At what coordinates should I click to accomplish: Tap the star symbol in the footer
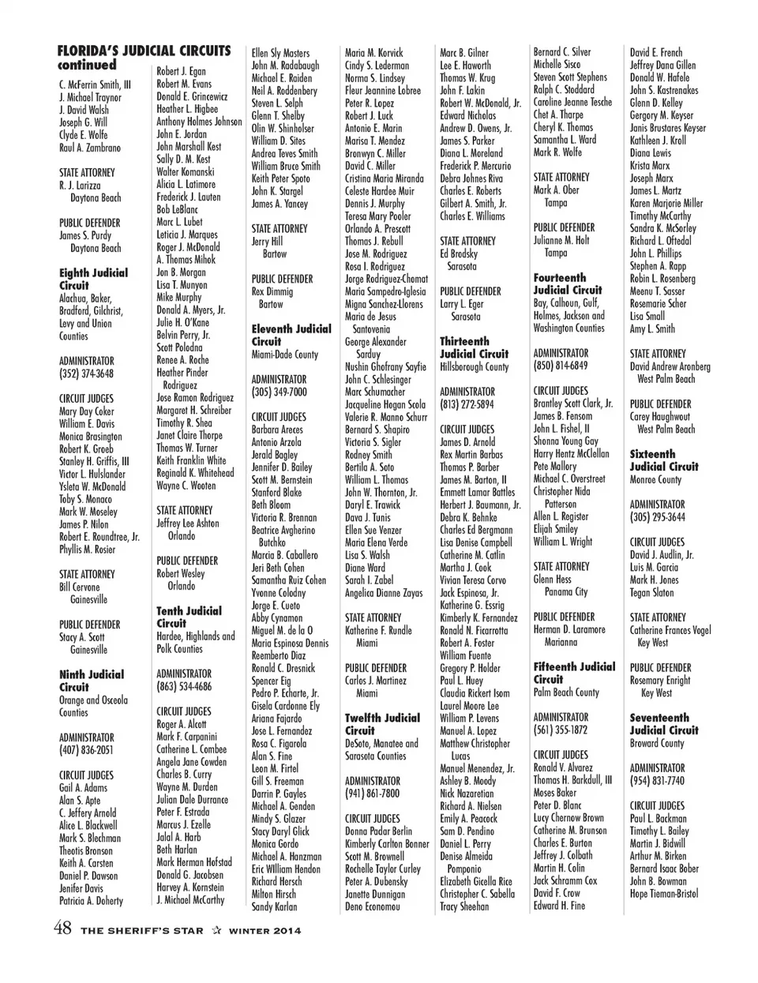[216, 930]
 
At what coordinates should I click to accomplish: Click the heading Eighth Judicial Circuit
[93, 279]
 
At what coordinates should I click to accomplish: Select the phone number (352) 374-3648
[86, 373]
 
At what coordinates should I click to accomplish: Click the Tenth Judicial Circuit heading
[189, 617]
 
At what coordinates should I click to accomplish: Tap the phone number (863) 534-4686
[184, 686]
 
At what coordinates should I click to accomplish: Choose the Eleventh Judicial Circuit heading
[291, 335]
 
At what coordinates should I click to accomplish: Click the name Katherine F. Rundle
[378, 630]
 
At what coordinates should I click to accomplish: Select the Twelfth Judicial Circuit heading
[382, 724]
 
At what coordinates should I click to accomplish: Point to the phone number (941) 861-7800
[373, 794]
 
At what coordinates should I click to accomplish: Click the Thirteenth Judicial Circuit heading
[475, 347]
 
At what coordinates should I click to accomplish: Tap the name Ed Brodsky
[459, 253]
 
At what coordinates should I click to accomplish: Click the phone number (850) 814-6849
[561, 366]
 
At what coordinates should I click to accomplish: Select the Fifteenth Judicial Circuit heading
[574, 673]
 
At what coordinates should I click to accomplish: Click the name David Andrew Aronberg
[670, 366]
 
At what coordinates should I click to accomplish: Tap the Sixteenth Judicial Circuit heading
[664, 460]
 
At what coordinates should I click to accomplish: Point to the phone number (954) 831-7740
[657, 780]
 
